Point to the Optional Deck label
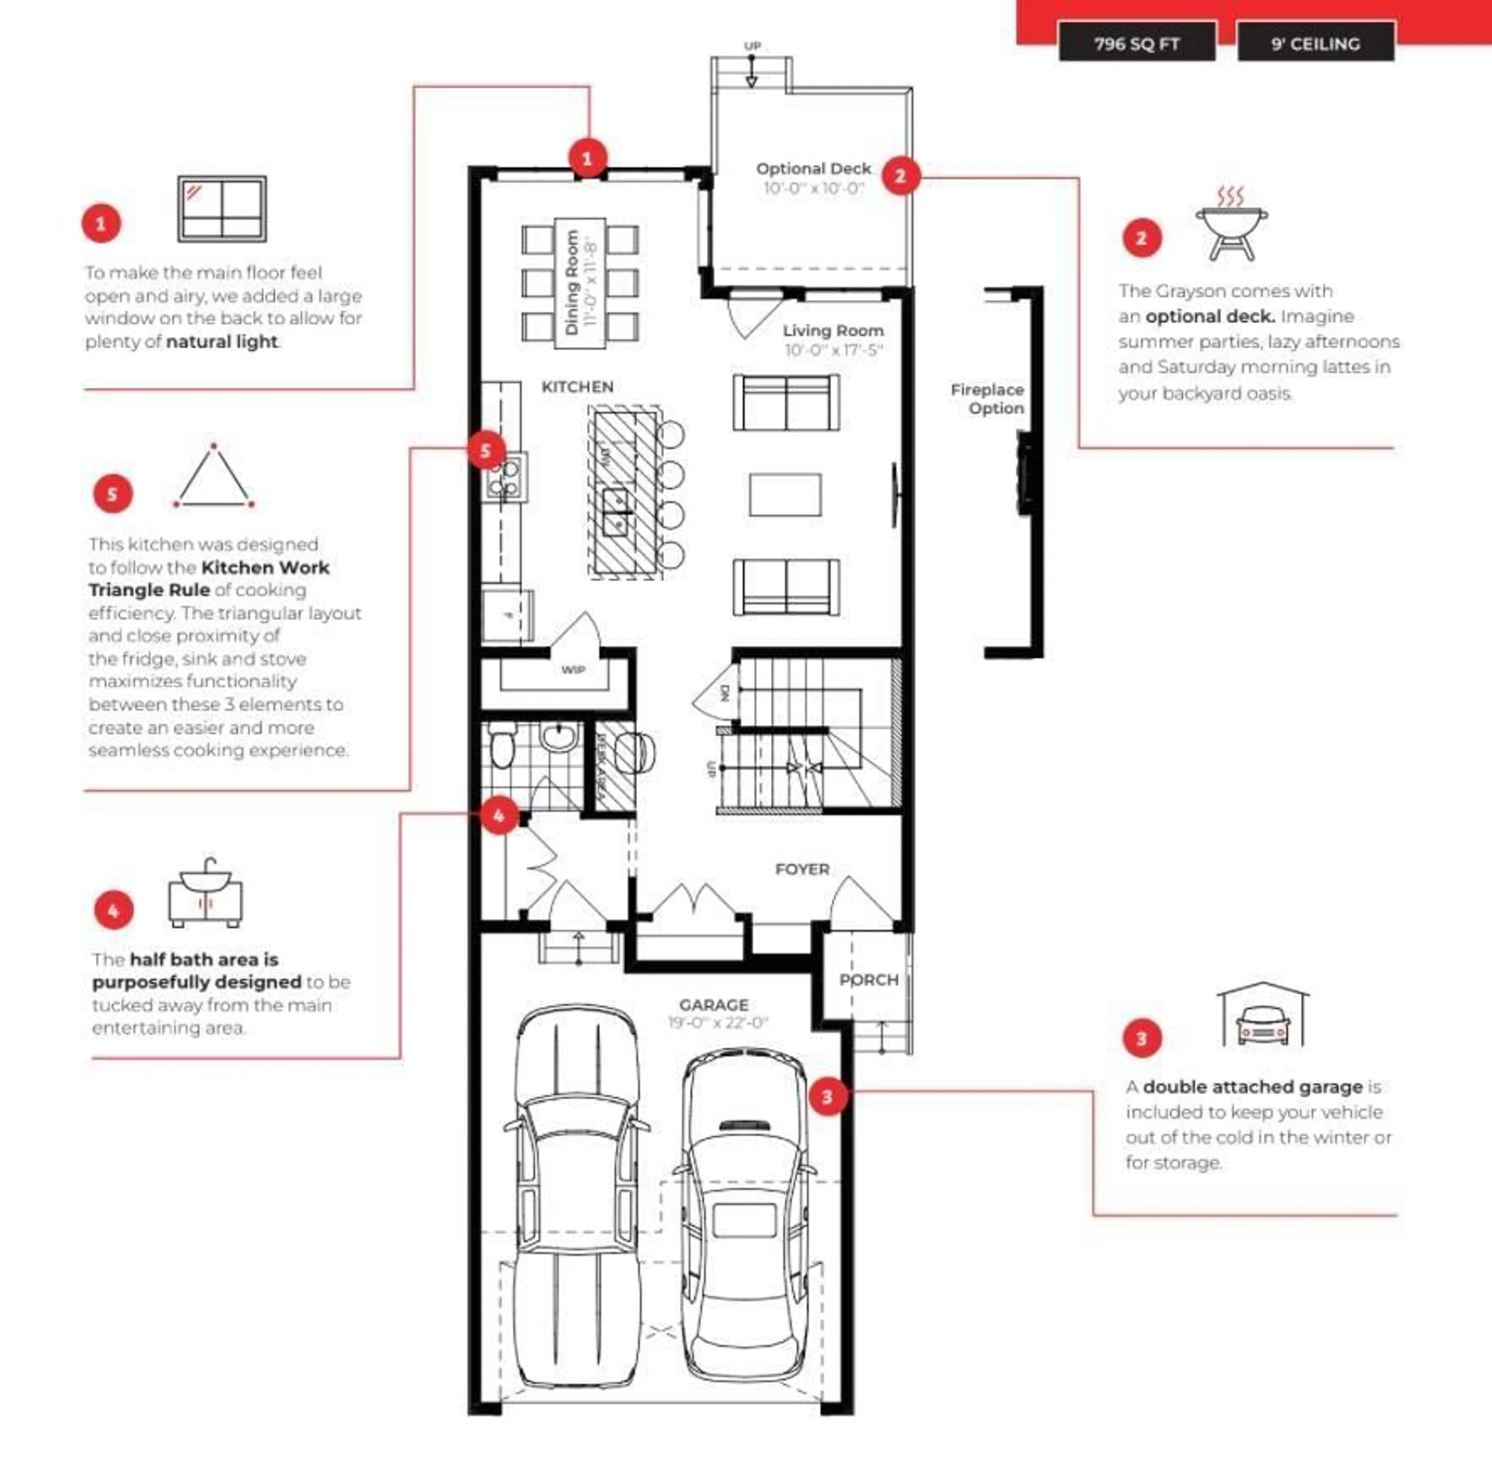pyautogui.click(x=813, y=168)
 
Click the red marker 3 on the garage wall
pyautogui.click(x=827, y=1096)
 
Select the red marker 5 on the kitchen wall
pyautogui.click(x=486, y=450)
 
